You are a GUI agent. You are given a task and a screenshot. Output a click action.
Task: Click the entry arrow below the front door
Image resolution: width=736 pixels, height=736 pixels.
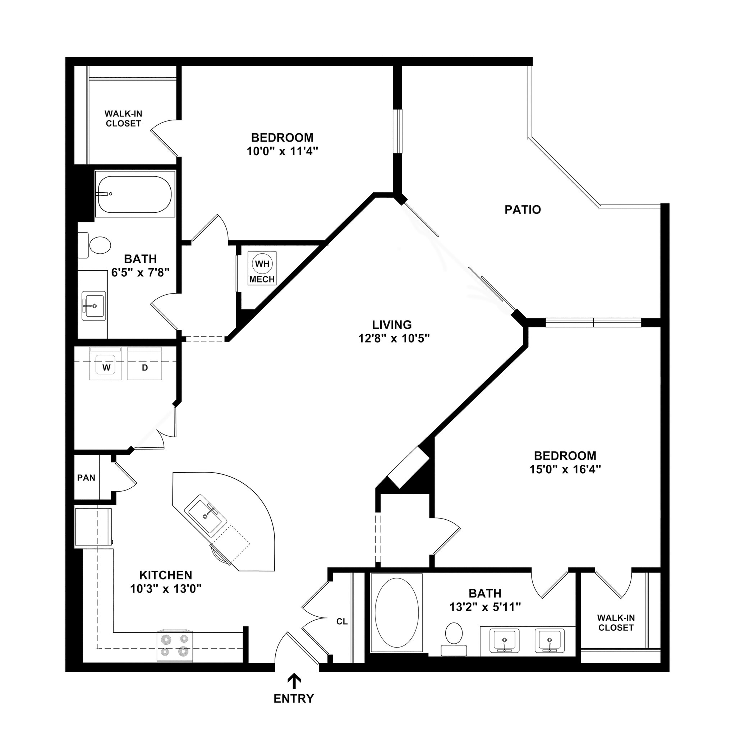pos(294,681)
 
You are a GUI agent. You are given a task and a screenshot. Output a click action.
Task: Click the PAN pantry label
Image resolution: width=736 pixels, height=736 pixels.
pos(86,478)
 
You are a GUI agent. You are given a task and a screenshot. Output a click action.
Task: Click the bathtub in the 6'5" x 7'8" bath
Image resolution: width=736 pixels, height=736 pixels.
pos(135,194)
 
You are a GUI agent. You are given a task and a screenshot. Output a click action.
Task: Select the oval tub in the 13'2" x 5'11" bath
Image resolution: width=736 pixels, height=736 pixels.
pos(397,613)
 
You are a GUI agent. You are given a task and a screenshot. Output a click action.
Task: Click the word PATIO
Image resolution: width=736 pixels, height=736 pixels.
pos(523,210)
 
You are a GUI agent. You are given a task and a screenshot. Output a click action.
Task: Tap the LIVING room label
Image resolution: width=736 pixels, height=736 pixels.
pos(392,325)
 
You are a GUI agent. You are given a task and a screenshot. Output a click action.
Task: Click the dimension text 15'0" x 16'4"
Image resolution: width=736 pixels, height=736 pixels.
pos(565,469)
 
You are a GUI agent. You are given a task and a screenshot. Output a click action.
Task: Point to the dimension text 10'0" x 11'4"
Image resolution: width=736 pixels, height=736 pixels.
pos(282,151)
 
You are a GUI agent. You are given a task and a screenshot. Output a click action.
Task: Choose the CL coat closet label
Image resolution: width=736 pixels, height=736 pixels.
pos(342,622)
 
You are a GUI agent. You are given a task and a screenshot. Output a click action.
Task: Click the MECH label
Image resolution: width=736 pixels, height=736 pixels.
pos(262,279)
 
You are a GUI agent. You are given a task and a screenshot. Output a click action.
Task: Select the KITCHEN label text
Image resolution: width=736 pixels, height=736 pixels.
pos(165,575)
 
